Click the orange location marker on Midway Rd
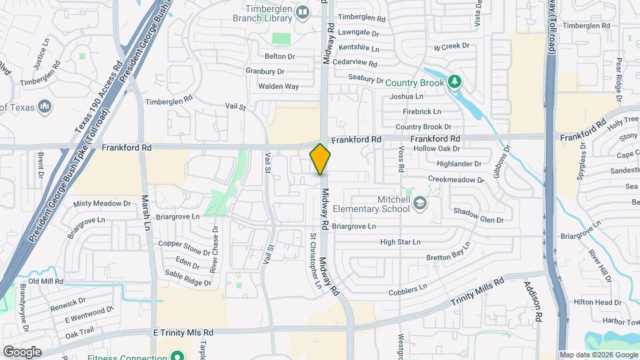click(321, 159)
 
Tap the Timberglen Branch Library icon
click(303, 13)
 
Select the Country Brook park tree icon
click(455, 82)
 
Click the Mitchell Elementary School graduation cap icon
click(419, 203)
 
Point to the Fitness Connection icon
click(177, 356)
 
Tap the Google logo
click(21, 352)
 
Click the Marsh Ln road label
click(146, 213)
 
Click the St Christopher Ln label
click(315, 262)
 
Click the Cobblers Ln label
click(407, 290)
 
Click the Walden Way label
click(279, 86)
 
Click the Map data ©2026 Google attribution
click(598, 355)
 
